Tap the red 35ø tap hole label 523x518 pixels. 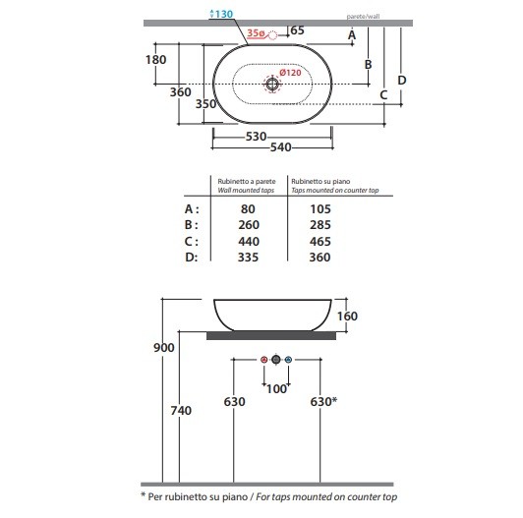point(256,33)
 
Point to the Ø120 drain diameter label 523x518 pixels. point(290,73)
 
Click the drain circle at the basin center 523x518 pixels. point(272,84)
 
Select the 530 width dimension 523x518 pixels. point(256,136)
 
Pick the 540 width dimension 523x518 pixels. point(281,147)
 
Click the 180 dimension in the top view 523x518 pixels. point(155,60)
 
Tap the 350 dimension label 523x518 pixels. point(205,104)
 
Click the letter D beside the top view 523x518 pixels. point(402,80)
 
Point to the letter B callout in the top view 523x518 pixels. point(368,64)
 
